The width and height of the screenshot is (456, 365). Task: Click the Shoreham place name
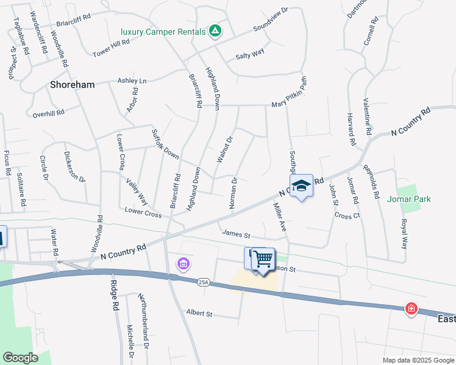coord(73,85)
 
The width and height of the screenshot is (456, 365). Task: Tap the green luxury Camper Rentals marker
coord(215,31)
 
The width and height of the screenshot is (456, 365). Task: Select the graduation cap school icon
coord(301,185)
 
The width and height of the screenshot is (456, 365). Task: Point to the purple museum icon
coord(182,264)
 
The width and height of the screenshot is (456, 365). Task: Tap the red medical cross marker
coord(412,309)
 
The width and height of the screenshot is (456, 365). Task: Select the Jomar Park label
coord(408,199)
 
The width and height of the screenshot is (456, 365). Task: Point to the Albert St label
coord(199,314)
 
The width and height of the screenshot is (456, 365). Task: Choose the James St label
coord(237,234)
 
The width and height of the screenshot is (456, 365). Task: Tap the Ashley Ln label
coord(132,81)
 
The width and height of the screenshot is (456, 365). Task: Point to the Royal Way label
coord(403,234)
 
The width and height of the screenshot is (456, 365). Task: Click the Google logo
coord(20,358)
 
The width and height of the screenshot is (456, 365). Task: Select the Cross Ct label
coord(347,215)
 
